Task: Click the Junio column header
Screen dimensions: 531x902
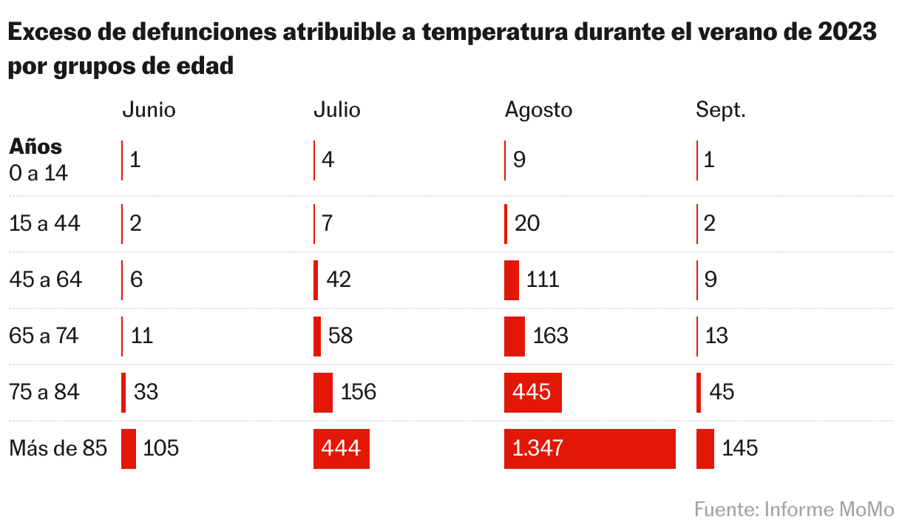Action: (x=149, y=110)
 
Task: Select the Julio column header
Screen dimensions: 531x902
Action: (x=337, y=110)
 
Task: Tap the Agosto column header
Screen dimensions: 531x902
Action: (x=538, y=110)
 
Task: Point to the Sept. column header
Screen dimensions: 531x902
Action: (x=721, y=110)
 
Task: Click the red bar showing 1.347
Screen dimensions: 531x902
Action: (x=589, y=449)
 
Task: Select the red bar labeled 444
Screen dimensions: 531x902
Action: (x=341, y=449)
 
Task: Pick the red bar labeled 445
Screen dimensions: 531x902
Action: (x=532, y=392)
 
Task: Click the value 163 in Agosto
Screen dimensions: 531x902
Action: (x=550, y=336)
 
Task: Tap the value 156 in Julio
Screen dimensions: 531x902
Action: (x=359, y=392)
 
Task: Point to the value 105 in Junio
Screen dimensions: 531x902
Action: (x=161, y=449)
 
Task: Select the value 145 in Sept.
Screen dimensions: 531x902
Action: (x=740, y=449)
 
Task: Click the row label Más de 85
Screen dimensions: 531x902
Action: (x=58, y=449)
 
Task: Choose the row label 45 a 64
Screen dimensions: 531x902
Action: (x=45, y=280)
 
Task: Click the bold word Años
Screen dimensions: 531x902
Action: (x=35, y=146)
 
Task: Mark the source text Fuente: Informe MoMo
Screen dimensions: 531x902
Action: (x=794, y=510)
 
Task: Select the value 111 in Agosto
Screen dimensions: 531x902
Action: (x=543, y=280)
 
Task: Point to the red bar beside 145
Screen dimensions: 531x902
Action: (x=705, y=449)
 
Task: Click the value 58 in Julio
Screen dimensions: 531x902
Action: (x=342, y=336)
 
